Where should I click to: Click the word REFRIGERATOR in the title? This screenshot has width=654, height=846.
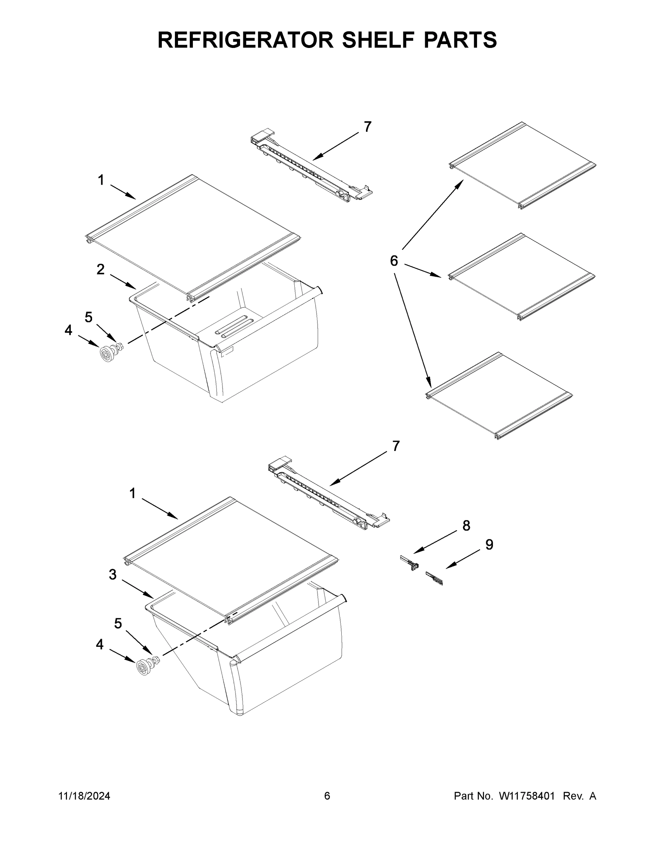[245, 40]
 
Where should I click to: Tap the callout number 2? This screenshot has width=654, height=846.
[100, 269]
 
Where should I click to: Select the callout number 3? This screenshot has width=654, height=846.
[112, 575]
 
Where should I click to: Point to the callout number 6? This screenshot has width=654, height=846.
[394, 261]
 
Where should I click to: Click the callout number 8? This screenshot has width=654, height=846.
[466, 526]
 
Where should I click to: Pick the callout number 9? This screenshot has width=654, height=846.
[489, 545]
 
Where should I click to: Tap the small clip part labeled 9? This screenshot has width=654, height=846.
[434, 578]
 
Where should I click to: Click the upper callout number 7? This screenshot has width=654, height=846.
[367, 127]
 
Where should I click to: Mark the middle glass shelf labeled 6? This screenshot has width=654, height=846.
[521, 277]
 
